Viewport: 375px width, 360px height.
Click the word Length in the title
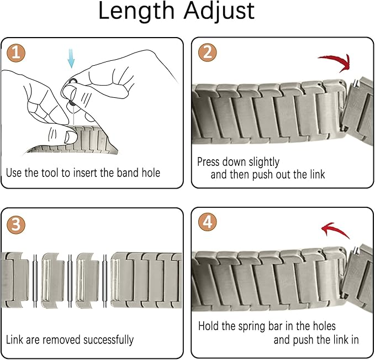[x=136, y=11]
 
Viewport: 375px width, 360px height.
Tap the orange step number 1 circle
[x=16, y=53]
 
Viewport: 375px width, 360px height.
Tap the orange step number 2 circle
[x=207, y=53]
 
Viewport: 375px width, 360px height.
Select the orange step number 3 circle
[x=16, y=226]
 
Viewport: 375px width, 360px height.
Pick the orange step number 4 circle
[x=207, y=222]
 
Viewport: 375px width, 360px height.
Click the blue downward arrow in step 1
[x=71, y=58]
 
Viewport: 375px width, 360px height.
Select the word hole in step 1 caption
[x=151, y=173]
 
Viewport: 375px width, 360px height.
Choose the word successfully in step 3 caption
[x=108, y=340]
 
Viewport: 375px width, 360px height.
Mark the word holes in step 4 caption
[x=323, y=326]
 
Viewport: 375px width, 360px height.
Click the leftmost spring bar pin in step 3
[x=35, y=281]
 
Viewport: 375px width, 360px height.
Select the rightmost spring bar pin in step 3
[x=105, y=281]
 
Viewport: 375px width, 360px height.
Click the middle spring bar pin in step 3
[x=70, y=281]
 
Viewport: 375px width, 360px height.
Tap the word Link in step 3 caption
[x=14, y=340]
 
